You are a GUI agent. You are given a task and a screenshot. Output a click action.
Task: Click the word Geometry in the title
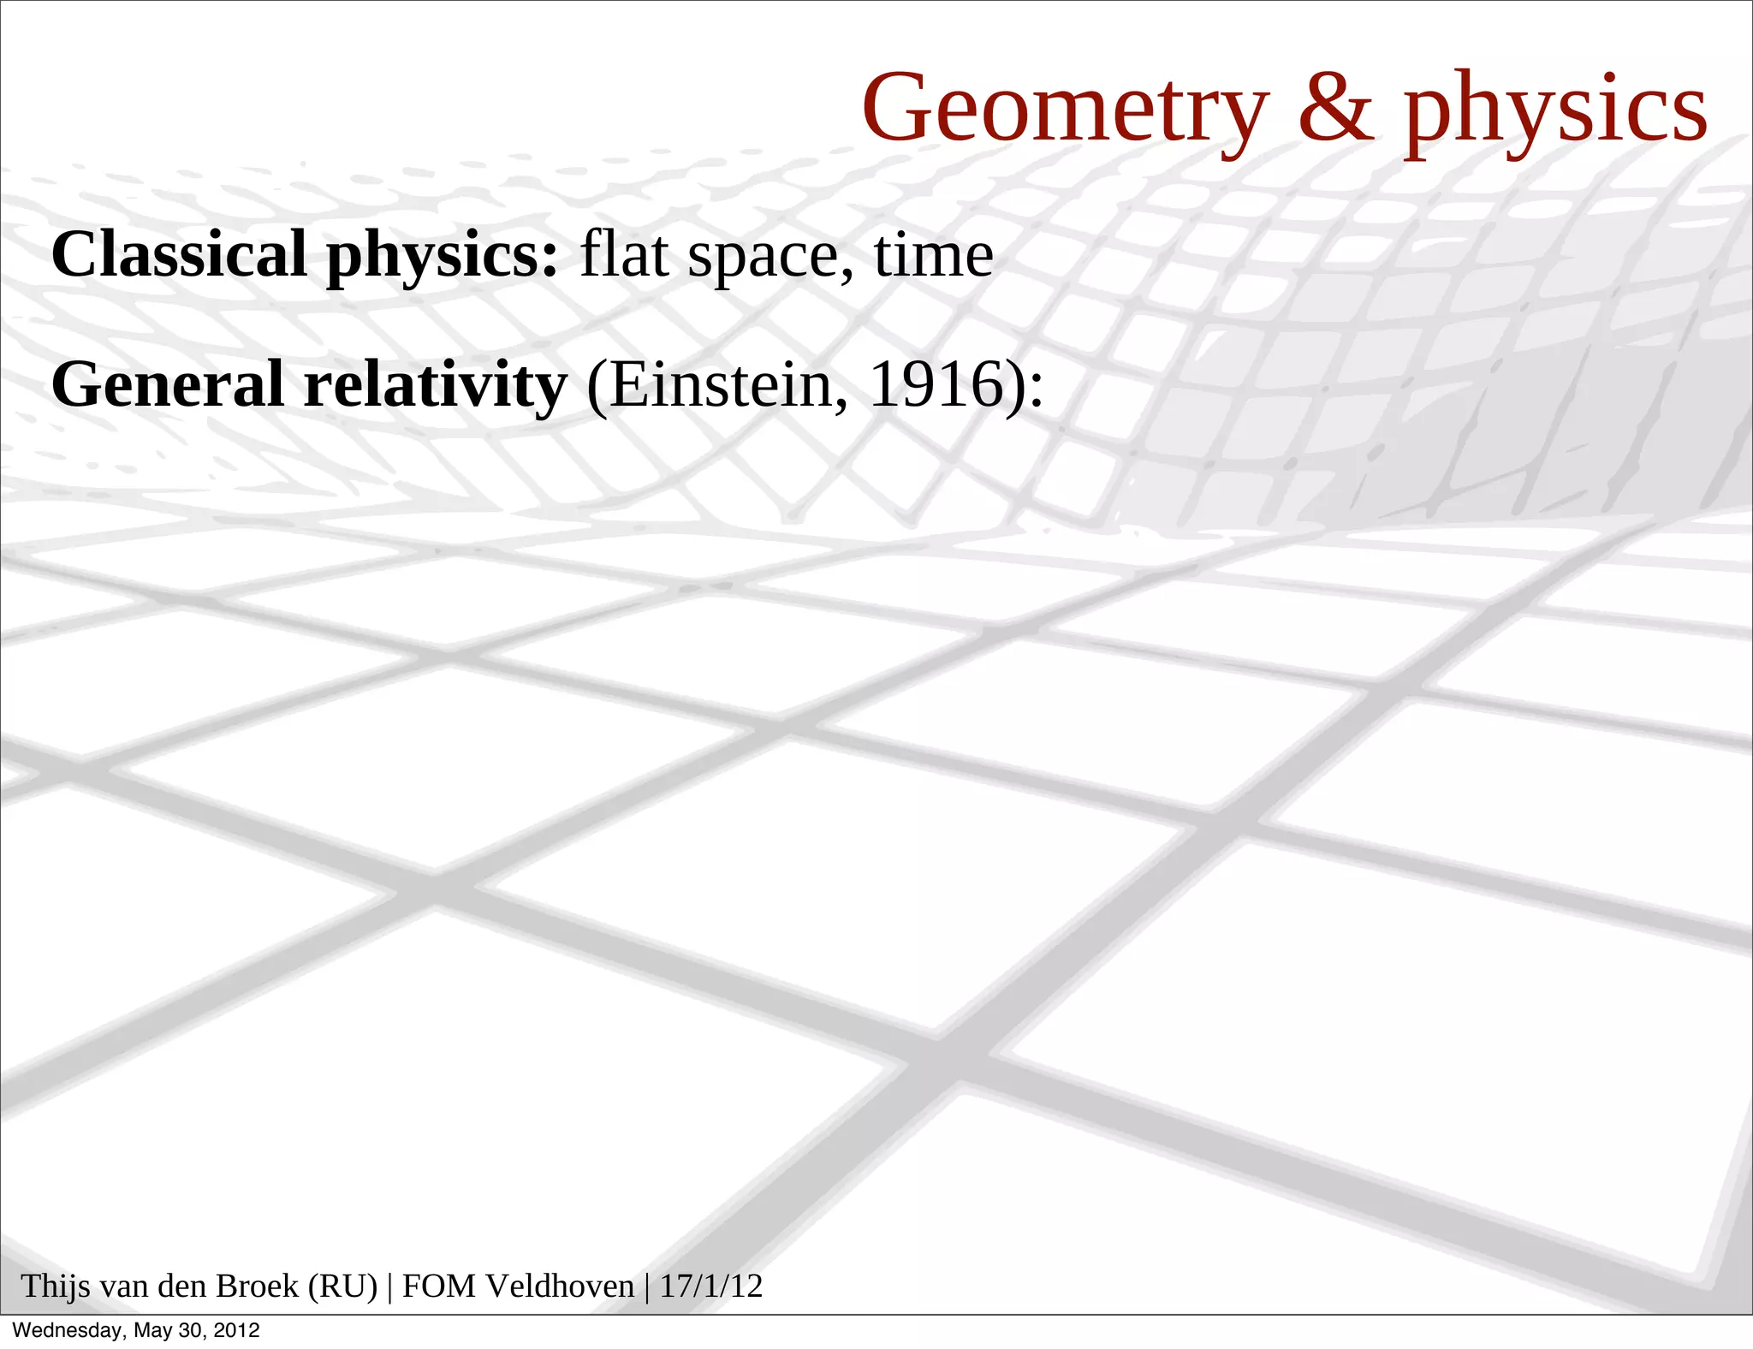click(1065, 110)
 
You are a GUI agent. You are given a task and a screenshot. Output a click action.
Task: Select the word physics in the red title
click(1555, 111)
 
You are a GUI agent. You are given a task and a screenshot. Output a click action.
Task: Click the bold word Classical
click(179, 254)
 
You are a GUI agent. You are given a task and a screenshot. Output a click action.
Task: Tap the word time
click(933, 254)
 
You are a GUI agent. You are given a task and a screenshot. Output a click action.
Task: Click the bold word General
click(168, 384)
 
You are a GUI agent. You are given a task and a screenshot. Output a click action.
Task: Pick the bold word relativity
click(436, 384)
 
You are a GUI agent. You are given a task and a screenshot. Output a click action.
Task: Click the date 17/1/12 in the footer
click(710, 1287)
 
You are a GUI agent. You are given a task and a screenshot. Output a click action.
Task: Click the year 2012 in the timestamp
click(236, 1331)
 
